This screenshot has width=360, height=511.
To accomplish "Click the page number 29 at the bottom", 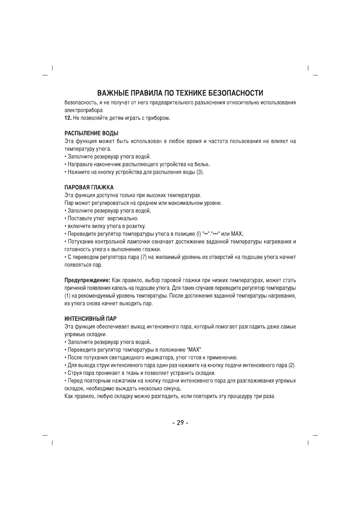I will [180, 423].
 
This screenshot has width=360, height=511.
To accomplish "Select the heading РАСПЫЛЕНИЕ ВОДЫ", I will [91, 133].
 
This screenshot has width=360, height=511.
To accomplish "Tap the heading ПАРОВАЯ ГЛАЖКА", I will [89, 187].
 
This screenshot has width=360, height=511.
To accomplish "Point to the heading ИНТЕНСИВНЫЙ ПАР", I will [91, 319].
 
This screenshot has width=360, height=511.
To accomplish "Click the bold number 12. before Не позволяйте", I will [68, 118].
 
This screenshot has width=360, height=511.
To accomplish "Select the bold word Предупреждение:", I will [87, 280].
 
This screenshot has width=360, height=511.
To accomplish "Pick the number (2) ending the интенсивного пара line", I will [292, 365].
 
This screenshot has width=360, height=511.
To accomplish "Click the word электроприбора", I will [83, 110].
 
